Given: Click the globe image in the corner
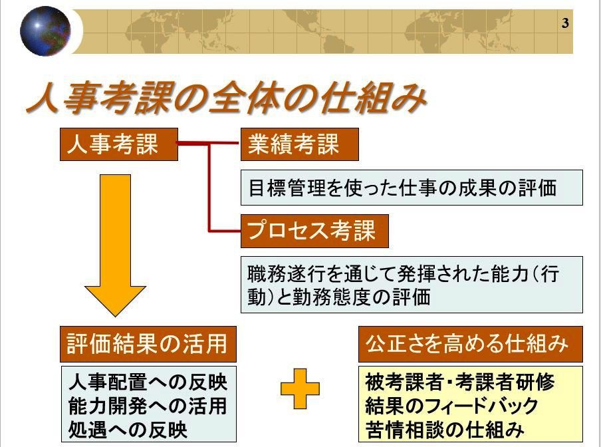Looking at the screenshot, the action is pos(45,31).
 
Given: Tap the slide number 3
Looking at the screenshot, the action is pos(565,23).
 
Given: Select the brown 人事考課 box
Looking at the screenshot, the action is pos(119,144).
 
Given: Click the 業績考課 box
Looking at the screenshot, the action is pos(299,144).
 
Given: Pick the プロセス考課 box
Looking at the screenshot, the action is pos(314,231).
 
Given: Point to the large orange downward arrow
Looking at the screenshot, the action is pos(115,245).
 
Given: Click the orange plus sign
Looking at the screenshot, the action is pos(300,388).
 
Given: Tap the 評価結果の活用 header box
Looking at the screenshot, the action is pos(148,344).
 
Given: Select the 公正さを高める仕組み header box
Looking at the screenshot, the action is pos(470,344).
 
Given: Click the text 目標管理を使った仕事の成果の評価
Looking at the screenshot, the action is pos(402,188).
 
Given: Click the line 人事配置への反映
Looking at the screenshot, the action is pos(148,382).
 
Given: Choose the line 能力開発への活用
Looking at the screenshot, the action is pos(148,406).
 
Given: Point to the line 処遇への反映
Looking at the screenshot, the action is pos(128,430).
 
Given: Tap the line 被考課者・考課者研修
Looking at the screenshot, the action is pos(460,382).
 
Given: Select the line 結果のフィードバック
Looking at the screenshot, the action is pos(452,406).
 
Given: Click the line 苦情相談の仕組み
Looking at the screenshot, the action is pos(445,430).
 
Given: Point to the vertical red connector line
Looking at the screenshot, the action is pos(209,187).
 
